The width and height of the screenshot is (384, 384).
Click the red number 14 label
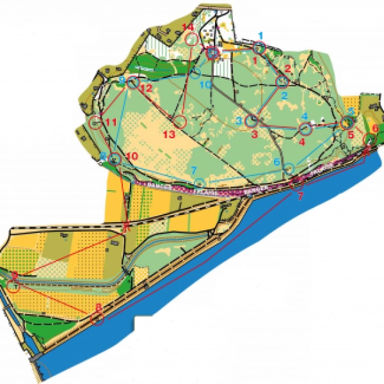[x=188, y=27]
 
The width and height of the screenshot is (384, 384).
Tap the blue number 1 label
[x=260, y=35]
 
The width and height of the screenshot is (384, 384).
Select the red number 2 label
[x=288, y=68]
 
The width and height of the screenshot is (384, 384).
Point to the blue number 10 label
[x=205, y=84]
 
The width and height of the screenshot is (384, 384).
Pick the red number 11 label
[x=111, y=122]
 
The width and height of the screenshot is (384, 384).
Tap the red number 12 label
[x=146, y=88]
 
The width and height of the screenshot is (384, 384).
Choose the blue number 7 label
[x=193, y=170]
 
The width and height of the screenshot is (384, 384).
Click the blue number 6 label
[x=277, y=163]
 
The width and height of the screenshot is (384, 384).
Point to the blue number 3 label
[x=239, y=120]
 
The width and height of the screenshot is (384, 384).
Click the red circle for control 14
[x=191, y=40]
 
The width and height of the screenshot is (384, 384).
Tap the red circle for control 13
[x=179, y=121]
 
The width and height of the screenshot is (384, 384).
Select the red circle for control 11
[x=95, y=122]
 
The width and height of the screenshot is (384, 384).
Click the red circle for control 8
[x=97, y=318]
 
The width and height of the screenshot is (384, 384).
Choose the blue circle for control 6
[x=289, y=168]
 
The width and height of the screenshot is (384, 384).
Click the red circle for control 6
[x=370, y=140]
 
